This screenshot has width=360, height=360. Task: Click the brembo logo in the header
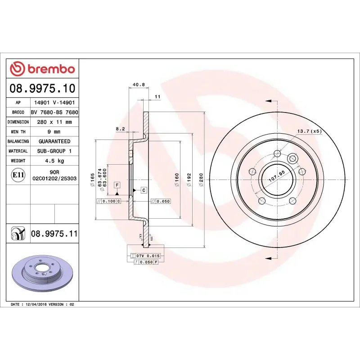(x=42, y=69)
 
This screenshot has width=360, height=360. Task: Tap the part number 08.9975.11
(x=54, y=234)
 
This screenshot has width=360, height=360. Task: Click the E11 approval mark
(x=18, y=175)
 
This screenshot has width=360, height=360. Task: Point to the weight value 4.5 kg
(x=54, y=161)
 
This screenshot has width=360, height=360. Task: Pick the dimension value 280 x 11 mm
(x=54, y=122)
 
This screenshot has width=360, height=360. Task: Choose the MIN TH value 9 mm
(x=54, y=132)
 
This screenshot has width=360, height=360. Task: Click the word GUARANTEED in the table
(x=54, y=141)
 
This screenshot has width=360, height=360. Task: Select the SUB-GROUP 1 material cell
(x=54, y=151)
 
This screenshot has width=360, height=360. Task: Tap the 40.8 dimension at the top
(x=139, y=85)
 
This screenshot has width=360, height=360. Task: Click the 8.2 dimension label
(x=120, y=129)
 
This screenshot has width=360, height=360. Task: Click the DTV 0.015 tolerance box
(x=148, y=256)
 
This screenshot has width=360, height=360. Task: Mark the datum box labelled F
(x=117, y=185)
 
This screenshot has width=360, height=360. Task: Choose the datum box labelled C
(x=144, y=190)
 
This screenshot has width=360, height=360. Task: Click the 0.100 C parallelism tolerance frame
(x=109, y=201)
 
